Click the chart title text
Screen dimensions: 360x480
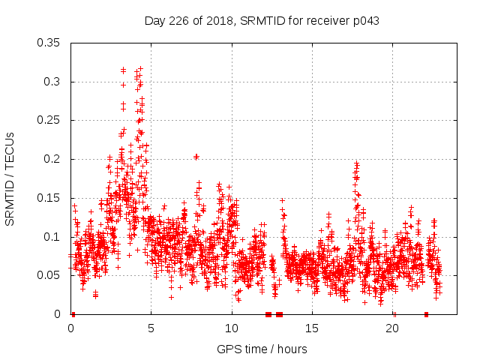point(262,20)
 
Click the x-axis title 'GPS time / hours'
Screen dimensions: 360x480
point(262,349)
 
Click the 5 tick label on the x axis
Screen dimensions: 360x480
point(151,328)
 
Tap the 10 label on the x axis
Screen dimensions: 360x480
point(232,328)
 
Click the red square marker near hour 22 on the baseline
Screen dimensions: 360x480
point(426,314)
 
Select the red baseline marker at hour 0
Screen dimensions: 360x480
point(73,314)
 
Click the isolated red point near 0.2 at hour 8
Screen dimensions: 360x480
point(196,157)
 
